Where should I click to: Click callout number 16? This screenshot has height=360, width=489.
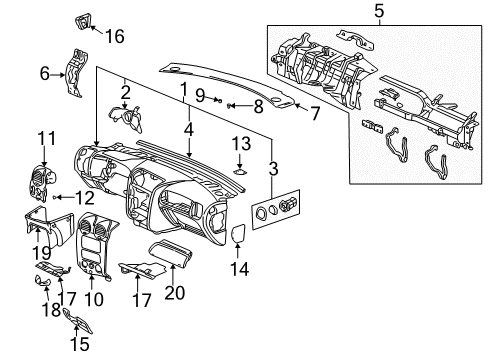tap(116, 37)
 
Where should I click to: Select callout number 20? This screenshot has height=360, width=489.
tap(175, 292)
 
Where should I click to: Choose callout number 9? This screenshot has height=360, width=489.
tap(200, 96)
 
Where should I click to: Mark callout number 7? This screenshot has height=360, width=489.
tap(315, 113)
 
